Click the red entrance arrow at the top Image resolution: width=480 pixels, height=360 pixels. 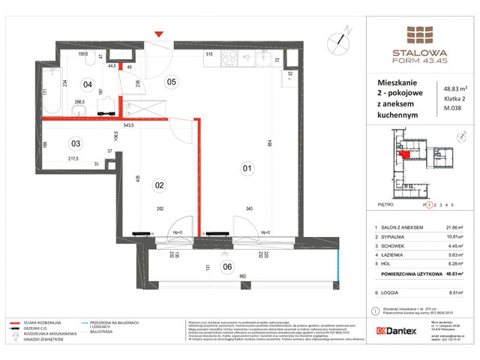[157, 34]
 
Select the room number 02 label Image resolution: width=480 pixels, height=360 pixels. [159, 184]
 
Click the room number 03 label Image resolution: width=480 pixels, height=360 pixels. [75, 143]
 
